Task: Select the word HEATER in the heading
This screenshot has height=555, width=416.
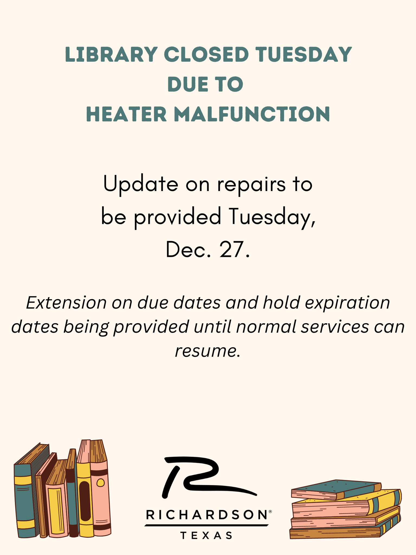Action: click(x=126, y=114)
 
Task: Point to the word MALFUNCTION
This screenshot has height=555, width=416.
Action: click(x=252, y=114)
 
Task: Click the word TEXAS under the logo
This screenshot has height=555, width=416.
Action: click(x=206, y=535)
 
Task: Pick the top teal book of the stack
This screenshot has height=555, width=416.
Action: click(x=336, y=489)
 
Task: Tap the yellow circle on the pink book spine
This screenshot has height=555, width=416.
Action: click(x=100, y=483)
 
